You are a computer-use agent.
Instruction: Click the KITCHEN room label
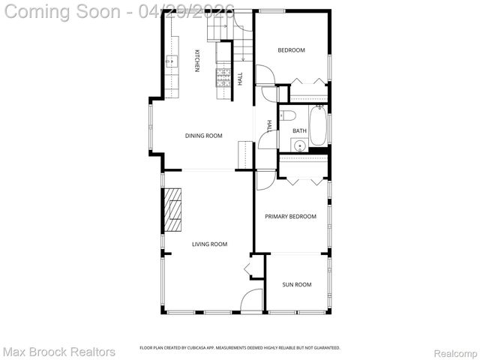click(x=197, y=61)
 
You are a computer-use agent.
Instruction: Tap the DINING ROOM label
click(x=204, y=136)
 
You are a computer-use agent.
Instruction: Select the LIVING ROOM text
click(x=209, y=244)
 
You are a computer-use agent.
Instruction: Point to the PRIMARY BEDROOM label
click(x=290, y=216)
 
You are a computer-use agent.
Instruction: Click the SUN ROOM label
click(x=296, y=284)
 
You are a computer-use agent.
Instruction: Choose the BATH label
click(x=299, y=130)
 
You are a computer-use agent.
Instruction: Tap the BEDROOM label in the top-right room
click(x=291, y=50)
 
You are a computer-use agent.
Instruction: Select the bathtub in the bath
click(x=318, y=126)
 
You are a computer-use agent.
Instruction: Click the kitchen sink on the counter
click(x=171, y=61)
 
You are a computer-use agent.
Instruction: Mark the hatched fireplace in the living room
click(x=174, y=212)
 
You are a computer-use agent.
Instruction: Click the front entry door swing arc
click(x=253, y=301)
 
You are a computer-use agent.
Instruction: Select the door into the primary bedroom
click(x=265, y=180)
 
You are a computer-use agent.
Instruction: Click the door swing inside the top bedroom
click(x=265, y=75)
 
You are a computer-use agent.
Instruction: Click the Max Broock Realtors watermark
click(x=59, y=351)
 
